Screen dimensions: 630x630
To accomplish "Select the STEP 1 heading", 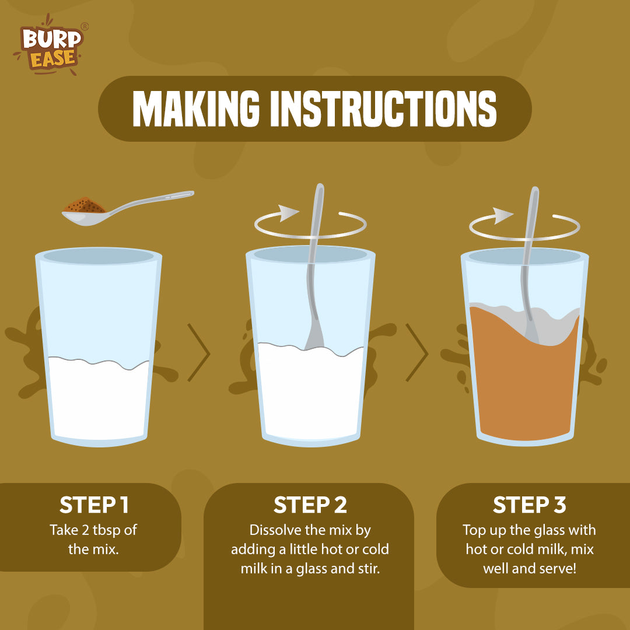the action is (x=94, y=505).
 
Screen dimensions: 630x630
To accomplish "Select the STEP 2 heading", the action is (x=310, y=505).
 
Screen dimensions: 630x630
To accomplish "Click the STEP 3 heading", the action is (x=530, y=505).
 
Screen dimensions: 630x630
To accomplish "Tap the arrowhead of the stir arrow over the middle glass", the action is (x=289, y=213).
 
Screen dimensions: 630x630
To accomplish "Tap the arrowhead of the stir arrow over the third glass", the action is (x=503, y=216).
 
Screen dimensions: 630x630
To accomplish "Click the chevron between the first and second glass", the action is (x=198, y=352).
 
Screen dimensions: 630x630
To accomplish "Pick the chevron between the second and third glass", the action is (x=416, y=352).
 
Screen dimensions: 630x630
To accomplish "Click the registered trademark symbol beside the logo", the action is (x=85, y=26).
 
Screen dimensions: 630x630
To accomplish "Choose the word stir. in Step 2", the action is (x=369, y=569).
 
